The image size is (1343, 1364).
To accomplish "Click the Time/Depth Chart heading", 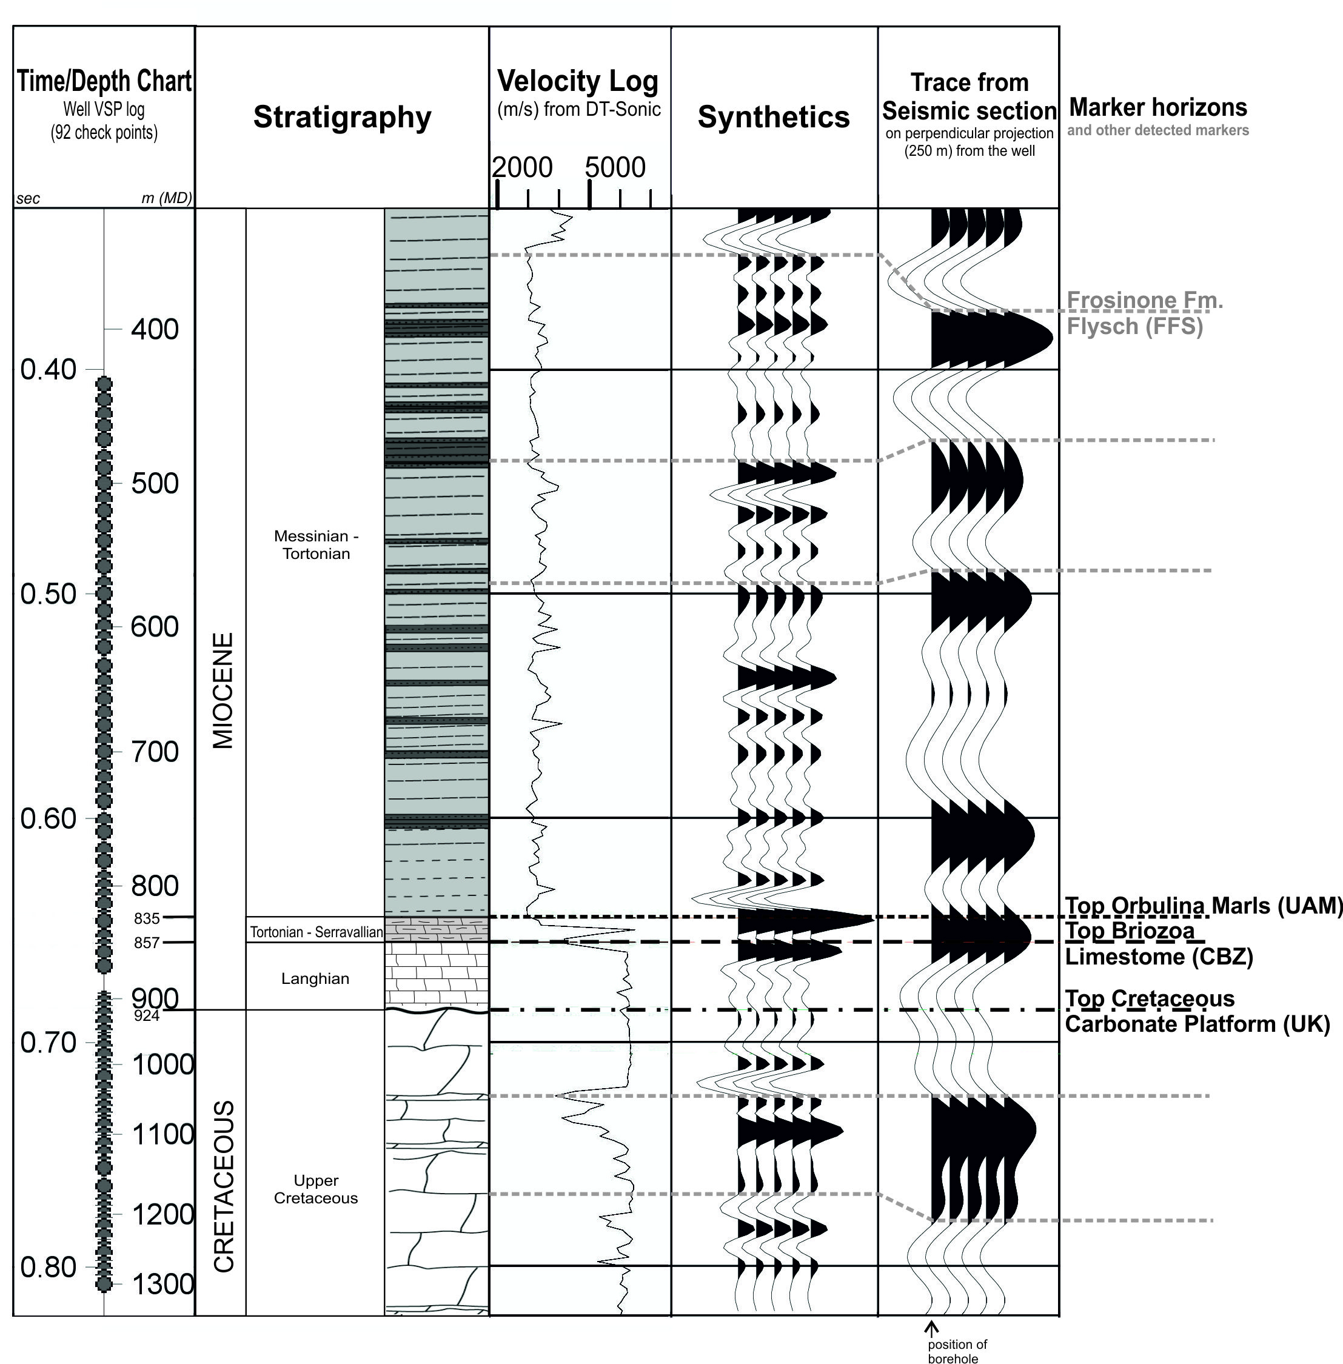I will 104,82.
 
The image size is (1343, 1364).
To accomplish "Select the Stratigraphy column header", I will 342,117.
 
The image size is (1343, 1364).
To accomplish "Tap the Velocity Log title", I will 578,82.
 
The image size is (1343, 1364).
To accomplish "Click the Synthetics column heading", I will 774,117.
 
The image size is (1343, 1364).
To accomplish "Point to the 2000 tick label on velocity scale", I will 522,168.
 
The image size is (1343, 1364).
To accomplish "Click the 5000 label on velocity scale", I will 615,168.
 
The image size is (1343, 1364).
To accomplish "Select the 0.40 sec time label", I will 48,370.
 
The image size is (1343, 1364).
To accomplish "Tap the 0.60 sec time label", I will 48,819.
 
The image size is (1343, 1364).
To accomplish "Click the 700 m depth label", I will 155,752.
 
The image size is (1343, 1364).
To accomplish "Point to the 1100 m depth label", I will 162,1135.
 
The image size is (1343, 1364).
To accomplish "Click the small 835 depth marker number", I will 147,918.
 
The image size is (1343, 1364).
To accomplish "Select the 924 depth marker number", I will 147,1015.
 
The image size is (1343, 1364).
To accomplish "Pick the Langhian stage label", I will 315,978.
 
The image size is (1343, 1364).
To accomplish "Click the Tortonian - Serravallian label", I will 316,932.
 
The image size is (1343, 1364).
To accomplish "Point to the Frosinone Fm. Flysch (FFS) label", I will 1144,313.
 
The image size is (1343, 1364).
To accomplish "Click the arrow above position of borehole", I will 932,1328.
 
